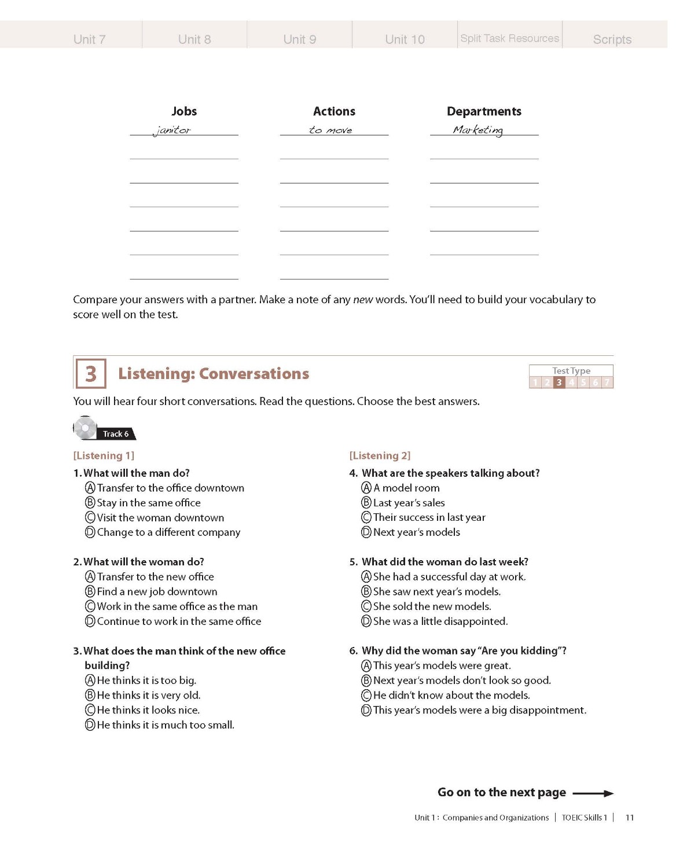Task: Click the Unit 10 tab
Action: coord(405,39)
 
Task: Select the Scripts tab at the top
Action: coord(612,39)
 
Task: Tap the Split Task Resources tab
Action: coord(509,38)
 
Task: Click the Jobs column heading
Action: coord(184,111)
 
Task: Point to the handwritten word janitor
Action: coord(172,130)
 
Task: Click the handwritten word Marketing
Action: coord(478,130)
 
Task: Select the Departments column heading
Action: coord(484,111)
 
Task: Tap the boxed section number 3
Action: coord(91,374)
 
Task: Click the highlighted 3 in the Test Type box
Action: coord(559,382)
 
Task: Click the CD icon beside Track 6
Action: coord(86,428)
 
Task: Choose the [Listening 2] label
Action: coord(380,455)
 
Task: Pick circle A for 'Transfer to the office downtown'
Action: coord(90,488)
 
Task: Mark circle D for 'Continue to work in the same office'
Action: coord(90,621)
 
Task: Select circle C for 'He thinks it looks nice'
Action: coord(90,710)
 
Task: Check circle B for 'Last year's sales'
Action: coord(366,502)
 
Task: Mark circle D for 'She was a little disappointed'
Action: coord(366,621)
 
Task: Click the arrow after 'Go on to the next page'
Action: coord(593,793)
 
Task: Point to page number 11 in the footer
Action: coord(630,818)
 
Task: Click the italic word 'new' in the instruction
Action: coord(363,300)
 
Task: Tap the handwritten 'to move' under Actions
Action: coord(330,130)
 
